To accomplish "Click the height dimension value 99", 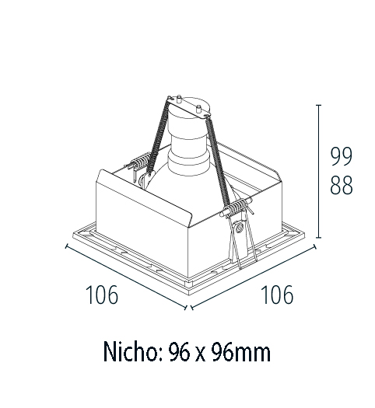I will pos(341,157).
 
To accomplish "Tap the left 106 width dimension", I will pos(102,295).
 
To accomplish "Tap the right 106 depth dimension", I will pos(276,295).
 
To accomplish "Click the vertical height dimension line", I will pos(318,171).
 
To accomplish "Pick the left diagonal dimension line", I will pos(124,275).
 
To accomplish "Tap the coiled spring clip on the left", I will pos(141,164).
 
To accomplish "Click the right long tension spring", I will pos(219,155).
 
